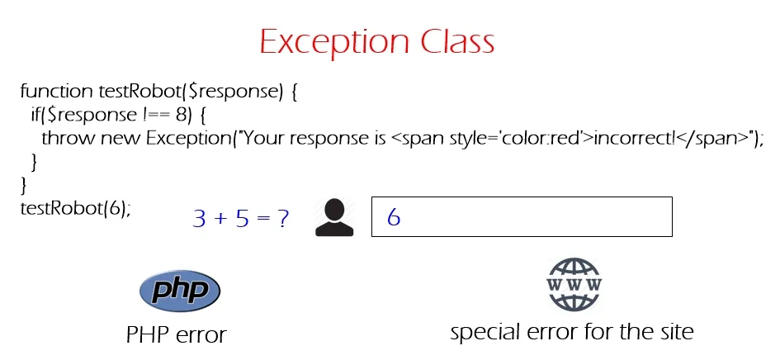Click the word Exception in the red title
(333, 42)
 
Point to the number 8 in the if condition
(180, 115)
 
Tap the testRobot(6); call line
(76, 208)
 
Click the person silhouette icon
(334, 217)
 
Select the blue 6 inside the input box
(394, 217)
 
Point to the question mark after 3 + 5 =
(283, 218)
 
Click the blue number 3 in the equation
(199, 218)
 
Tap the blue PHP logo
(180, 290)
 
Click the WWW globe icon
(574, 284)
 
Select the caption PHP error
(176, 335)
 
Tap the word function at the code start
(56, 91)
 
